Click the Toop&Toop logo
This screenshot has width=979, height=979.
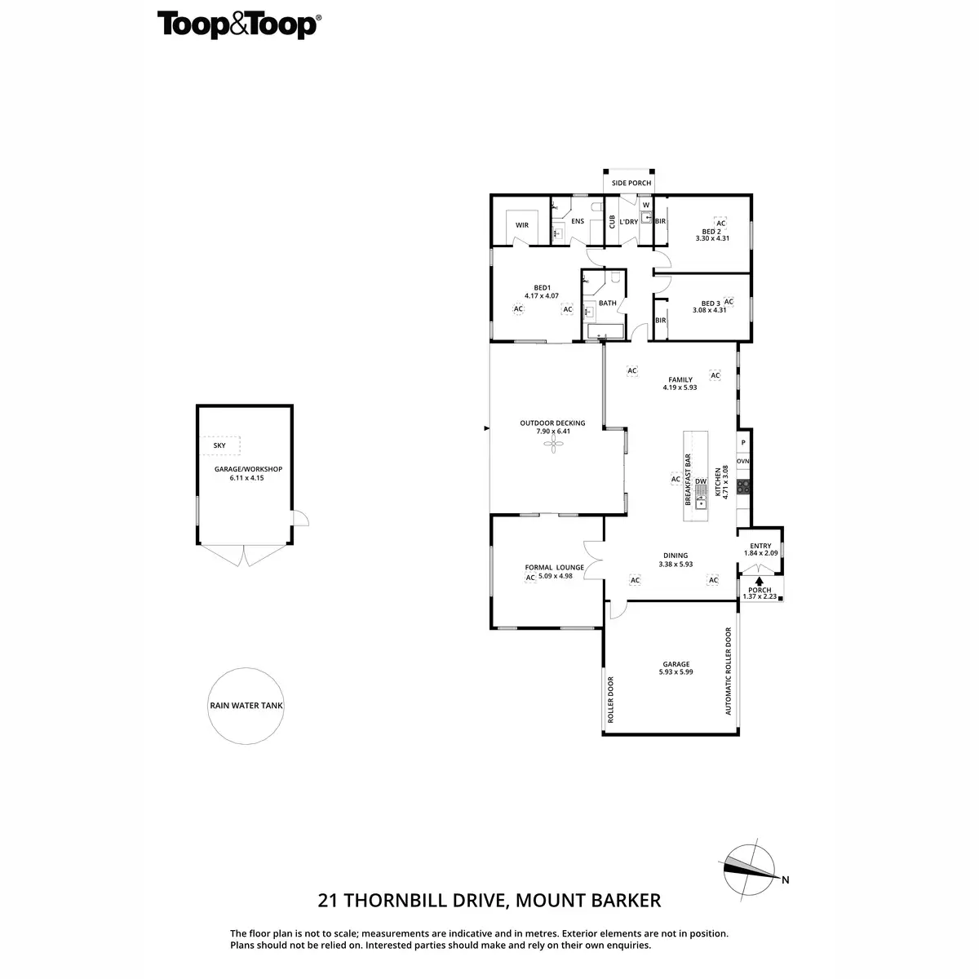pos(238,24)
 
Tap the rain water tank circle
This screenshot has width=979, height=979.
pos(246,706)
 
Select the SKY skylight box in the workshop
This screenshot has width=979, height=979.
pos(220,446)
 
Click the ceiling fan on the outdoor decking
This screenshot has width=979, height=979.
pos(553,445)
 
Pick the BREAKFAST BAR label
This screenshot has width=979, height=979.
pos(688,481)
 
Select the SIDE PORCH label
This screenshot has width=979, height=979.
pos(631,184)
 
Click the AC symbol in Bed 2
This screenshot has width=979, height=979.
pos(720,223)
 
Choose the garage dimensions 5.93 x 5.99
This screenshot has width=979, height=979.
pos(676,672)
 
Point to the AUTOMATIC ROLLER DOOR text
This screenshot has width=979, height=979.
pos(729,671)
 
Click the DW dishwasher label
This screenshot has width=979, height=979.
pos(701,481)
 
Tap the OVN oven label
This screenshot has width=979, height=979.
pos(742,462)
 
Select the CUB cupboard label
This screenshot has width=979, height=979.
pos(612,222)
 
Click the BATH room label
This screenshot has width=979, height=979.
pos(608,303)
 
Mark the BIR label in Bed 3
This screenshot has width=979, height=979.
pos(660,321)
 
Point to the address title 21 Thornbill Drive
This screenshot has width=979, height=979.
pos(489,901)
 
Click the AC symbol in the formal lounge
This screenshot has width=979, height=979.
pos(530,578)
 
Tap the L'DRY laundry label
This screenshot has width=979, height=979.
pos(628,222)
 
